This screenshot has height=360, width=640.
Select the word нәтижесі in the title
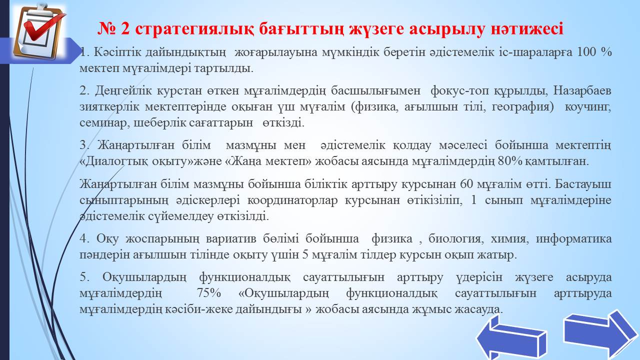527,28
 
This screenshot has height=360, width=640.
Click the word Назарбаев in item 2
582,91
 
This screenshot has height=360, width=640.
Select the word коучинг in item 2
588,107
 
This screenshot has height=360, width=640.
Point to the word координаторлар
292,200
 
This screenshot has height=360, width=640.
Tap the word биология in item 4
456,239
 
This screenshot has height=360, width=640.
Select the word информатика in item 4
573,239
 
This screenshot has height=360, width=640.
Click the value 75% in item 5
208,293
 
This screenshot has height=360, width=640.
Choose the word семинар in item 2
103,123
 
